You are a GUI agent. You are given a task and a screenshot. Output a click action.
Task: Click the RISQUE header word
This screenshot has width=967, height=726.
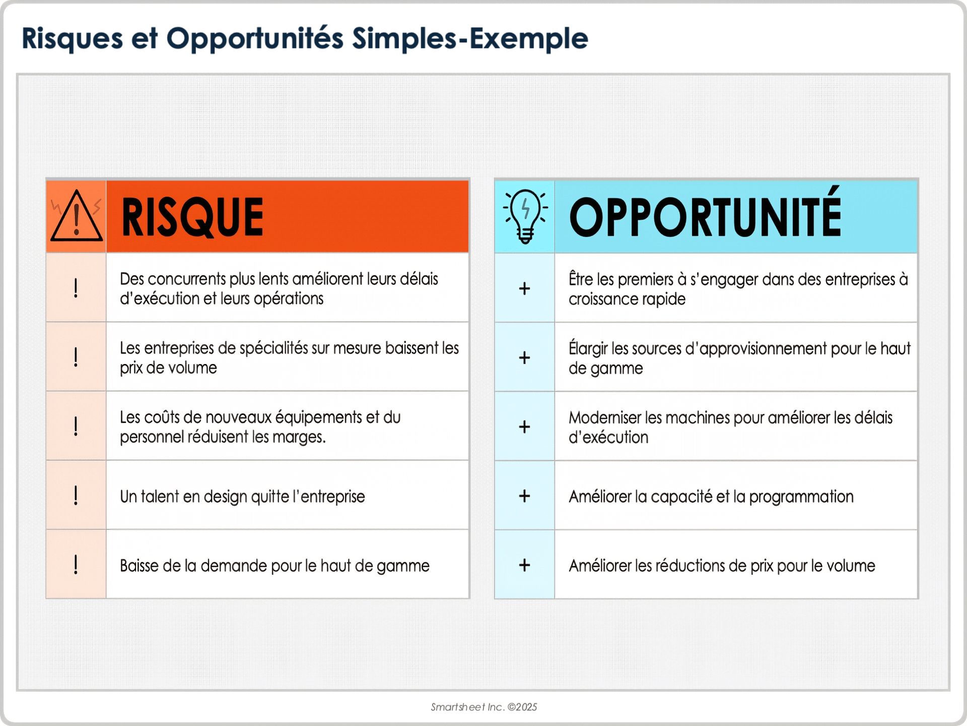[x=192, y=217]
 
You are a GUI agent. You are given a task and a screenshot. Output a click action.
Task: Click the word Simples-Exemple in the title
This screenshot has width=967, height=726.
[x=470, y=39]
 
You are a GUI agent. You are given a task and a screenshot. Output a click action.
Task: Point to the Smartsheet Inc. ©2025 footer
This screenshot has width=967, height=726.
[x=483, y=707]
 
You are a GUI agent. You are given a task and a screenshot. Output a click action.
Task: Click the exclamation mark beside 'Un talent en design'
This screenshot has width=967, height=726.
[x=76, y=495]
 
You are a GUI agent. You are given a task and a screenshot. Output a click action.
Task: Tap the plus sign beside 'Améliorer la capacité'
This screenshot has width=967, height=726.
[x=524, y=496]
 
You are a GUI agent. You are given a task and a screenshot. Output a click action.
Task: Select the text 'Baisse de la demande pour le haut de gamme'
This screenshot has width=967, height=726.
[x=274, y=566]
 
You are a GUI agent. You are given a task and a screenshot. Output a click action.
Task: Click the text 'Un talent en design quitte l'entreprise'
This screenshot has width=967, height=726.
[x=242, y=497]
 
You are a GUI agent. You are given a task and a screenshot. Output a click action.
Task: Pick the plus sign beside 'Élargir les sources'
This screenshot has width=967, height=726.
[x=524, y=357]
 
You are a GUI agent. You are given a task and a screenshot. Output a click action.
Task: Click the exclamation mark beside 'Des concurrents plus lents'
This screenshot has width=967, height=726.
[x=76, y=288]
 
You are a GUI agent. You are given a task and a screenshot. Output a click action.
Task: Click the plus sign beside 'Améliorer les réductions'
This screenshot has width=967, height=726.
[x=524, y=565]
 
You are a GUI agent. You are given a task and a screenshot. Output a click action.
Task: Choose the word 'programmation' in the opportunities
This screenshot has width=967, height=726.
[x=801, y=497]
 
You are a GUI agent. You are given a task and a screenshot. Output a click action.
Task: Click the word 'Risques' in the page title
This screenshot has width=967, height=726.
[x=73, y=39]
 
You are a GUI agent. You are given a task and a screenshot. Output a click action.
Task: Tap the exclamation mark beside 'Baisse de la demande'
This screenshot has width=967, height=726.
[x=76, y=564]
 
